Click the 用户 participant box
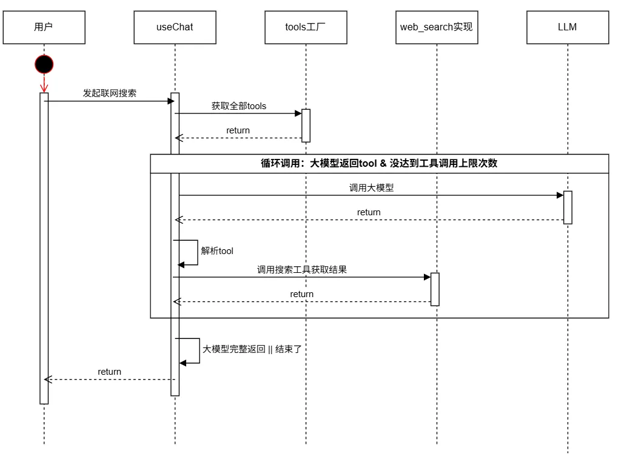coord(44,27)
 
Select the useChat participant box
coord(175,27)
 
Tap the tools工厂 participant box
coord(306,27)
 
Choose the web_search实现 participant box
coord(436,27)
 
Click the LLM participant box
coord(568,27)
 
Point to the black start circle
coord(44,64)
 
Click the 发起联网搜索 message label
coord(109,93)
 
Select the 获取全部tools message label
coord(238,106)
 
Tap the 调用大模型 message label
coord(371,187)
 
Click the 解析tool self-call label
coord(217,250)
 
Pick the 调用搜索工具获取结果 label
coord(301,269)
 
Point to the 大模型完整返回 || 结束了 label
coord(252,349)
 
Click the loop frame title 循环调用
coord(378,163)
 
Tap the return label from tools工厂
coord(238,130)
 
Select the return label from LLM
coord(369,212)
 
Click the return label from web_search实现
coord(301,294)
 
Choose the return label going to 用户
coord(109,372)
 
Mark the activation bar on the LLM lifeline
coord(568,207)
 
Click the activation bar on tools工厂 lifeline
coord(306,126)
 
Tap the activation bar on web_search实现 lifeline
coord(435,289)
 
